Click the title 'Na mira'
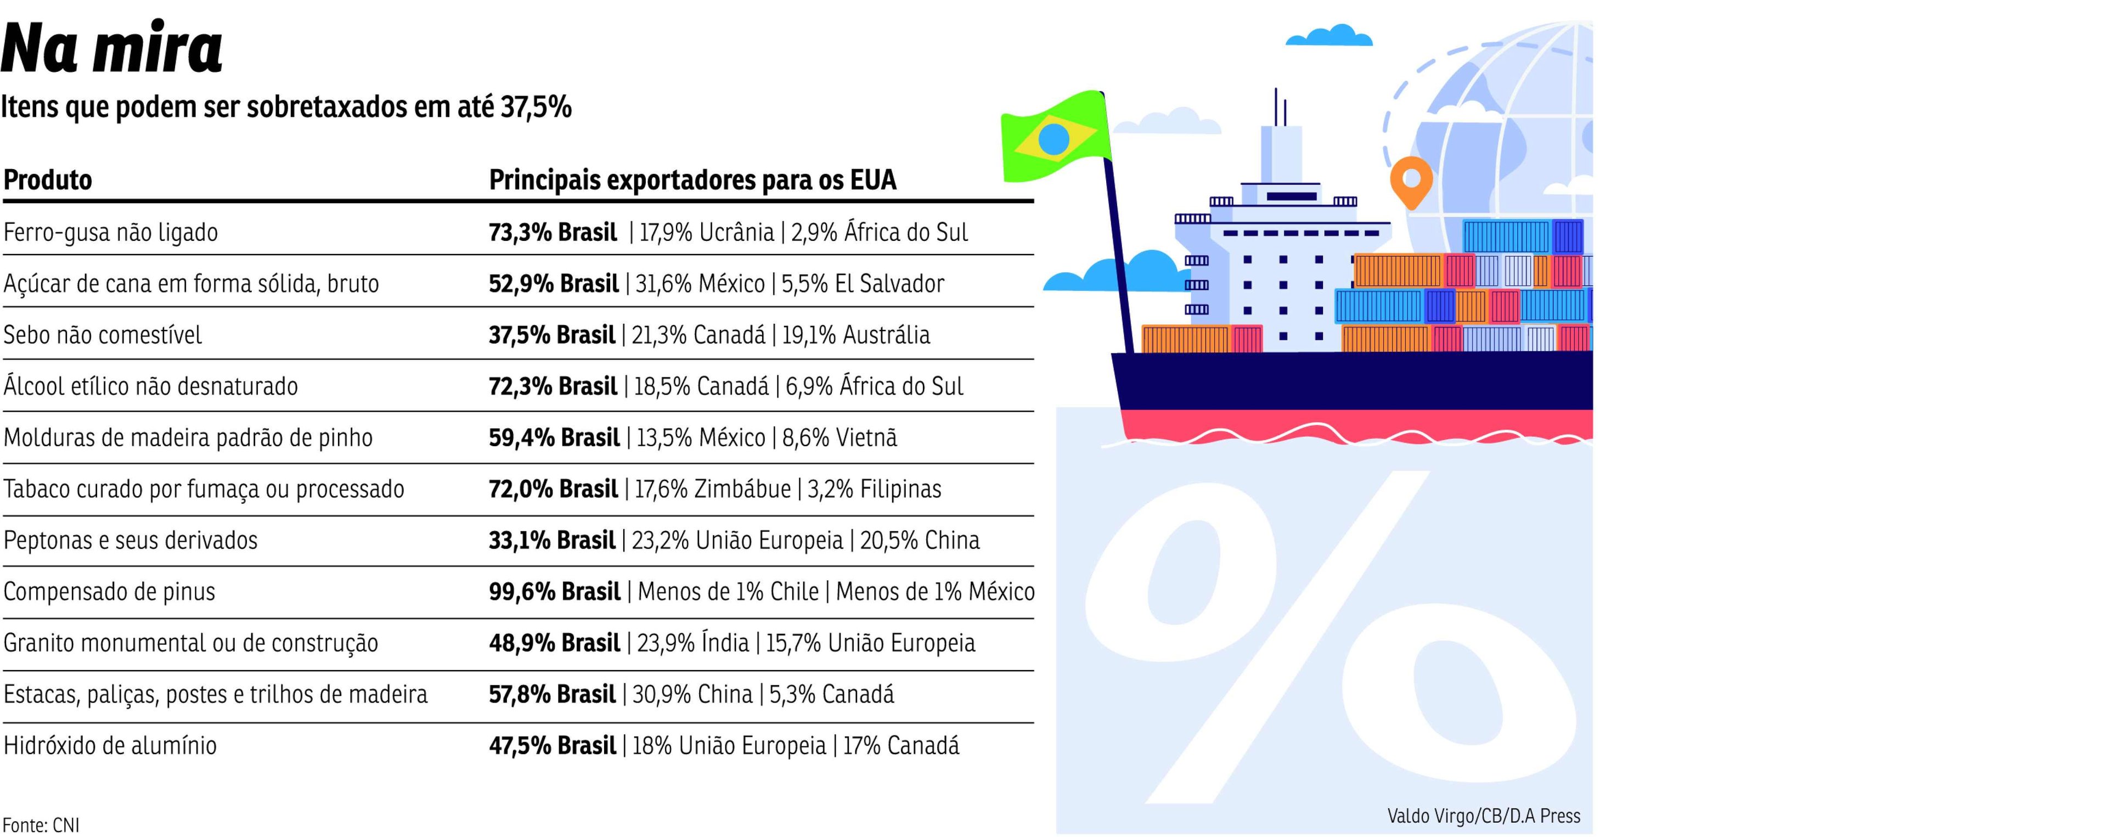coord(112,48)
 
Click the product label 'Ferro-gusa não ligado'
coord(110,232)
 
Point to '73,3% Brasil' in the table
coord(553,232)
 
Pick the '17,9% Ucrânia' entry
coord(707,232)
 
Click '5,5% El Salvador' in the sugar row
coord(863,284)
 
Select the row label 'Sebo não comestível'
coord(102,335)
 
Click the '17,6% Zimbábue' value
coord(713,489)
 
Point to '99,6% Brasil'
coord(555,592)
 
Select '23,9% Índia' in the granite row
coord(693,643)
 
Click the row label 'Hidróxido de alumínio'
coord(110,745)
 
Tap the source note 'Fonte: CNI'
coord(41,825)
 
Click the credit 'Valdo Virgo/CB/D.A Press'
coord(1484,816)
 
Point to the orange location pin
coord(1411,182)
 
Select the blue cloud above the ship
coord(1329,36)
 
